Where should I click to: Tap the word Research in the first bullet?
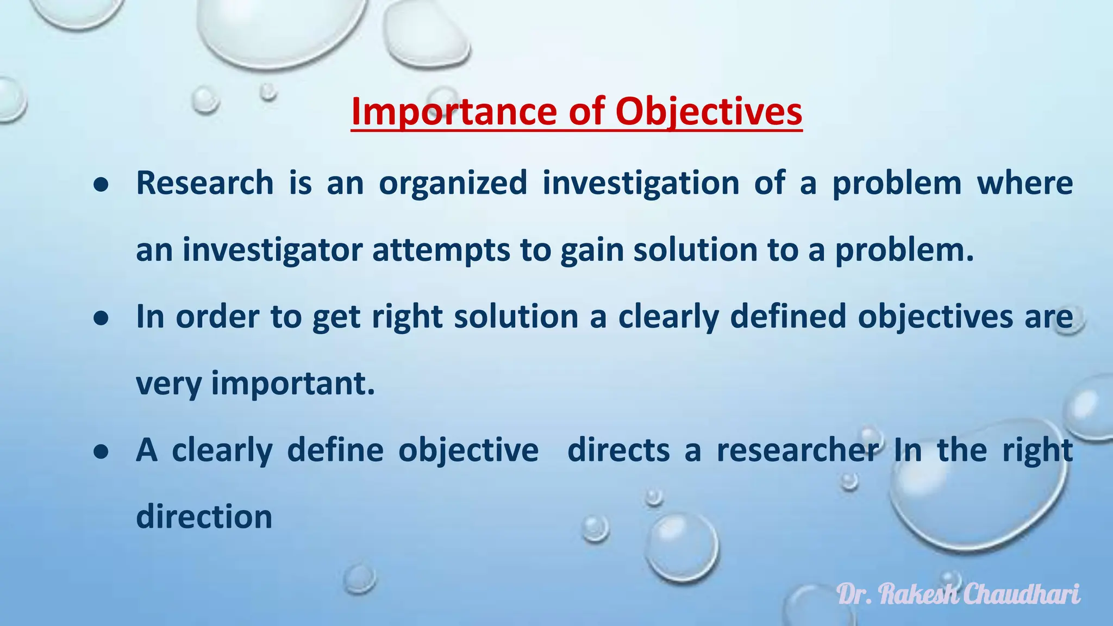[x=205, y=183]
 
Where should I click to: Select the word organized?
[x=453, y=183]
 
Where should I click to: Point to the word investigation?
[x=641, y=183]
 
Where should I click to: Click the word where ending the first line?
[x=1025, y=183]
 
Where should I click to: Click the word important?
[x=293, y=384]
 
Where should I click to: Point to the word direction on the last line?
[x=204, y=516]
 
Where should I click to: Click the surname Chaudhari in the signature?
[x=1022, y=594]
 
